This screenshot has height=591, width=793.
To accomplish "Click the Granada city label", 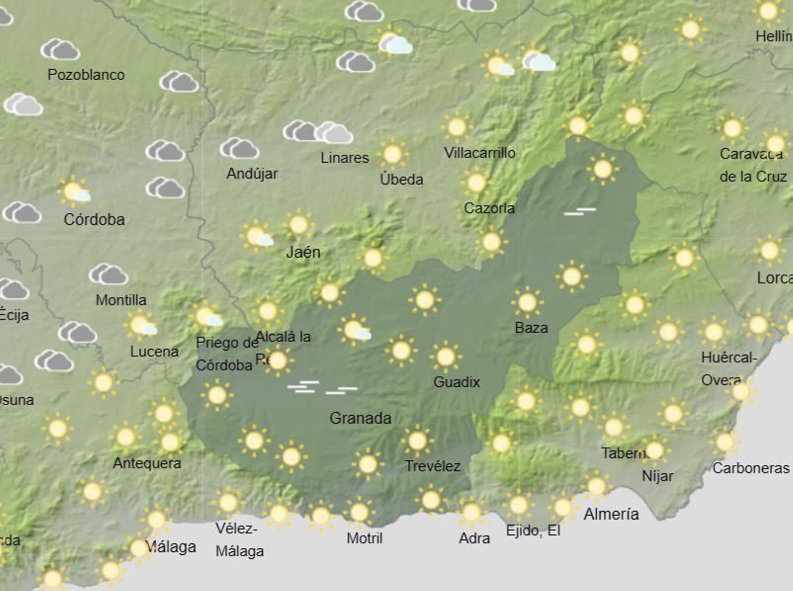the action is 360,418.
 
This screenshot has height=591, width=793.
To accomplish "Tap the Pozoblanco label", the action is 86,75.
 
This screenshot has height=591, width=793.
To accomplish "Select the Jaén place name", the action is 303,252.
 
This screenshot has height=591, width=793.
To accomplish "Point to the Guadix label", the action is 456,382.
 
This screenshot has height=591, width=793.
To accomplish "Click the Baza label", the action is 531,327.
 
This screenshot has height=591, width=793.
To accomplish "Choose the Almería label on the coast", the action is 611,514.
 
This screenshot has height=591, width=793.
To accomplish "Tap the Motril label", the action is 364,538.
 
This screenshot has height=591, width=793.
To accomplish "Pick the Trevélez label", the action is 433,466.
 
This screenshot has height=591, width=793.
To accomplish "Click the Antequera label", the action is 147,463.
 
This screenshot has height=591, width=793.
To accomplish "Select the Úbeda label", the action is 401,179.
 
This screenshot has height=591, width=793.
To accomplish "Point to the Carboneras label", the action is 751,468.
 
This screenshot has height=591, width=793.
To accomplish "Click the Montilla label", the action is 121,300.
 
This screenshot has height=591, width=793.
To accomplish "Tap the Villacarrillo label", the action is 479,153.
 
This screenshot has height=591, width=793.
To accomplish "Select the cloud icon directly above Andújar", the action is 239,148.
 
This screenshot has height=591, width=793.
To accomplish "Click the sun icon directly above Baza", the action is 527,302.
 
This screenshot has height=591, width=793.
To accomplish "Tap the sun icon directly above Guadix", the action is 446,356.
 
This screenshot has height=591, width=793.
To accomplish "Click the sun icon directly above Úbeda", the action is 393,154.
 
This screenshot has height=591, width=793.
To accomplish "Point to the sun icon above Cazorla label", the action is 476,183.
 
